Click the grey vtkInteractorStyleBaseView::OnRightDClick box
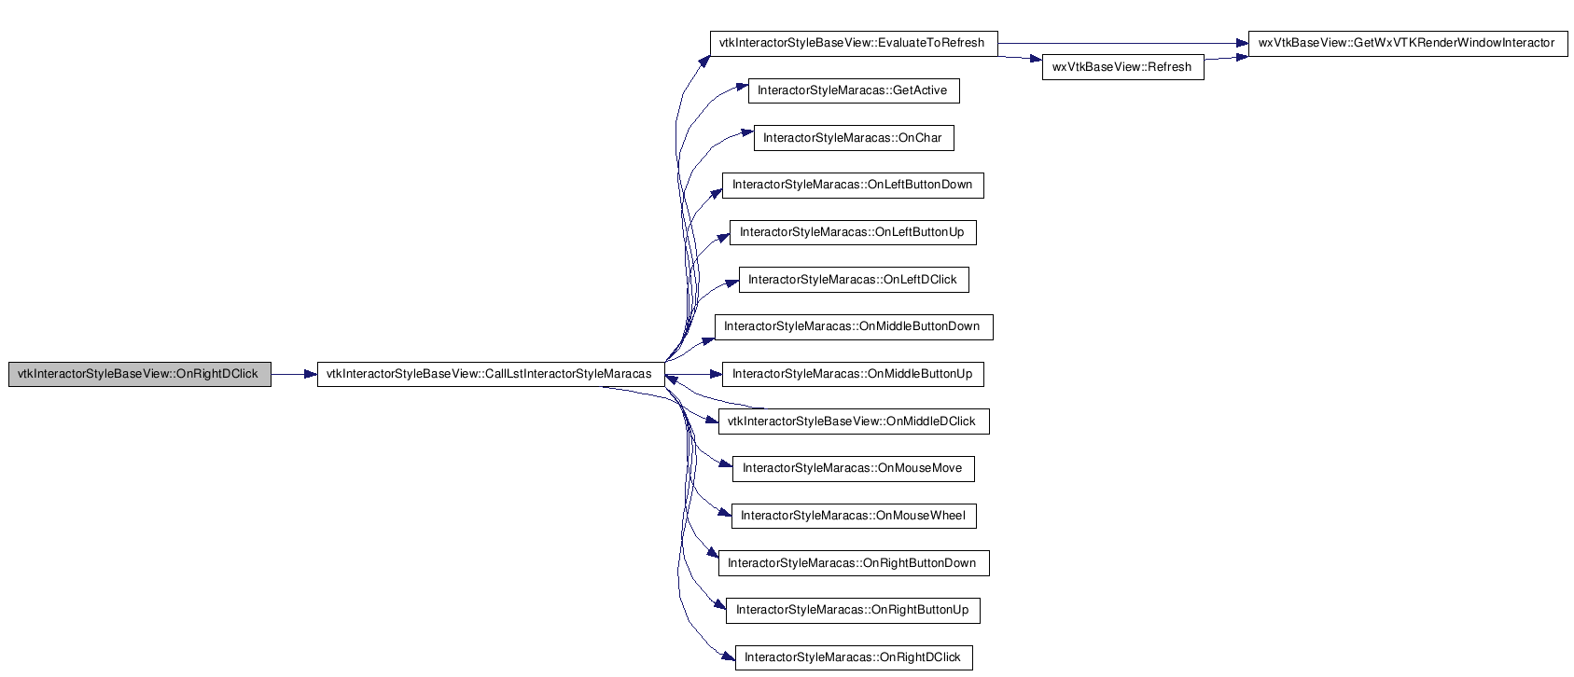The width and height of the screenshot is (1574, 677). click(140, 374)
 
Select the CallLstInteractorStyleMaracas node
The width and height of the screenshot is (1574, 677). click(491, 374)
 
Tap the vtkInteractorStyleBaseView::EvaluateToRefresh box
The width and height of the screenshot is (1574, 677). click(854, 44)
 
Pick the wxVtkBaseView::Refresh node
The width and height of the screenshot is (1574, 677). click(1122, 67)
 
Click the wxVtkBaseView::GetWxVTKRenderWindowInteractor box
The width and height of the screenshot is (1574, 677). click(1408, 44)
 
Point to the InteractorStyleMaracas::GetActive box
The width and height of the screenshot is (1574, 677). click(854, 90)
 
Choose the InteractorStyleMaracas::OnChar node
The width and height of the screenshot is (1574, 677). click(854, 138)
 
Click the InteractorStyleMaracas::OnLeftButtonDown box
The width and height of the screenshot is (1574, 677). click(853, 186)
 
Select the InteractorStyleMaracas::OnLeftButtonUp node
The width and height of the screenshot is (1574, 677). click(853, 232)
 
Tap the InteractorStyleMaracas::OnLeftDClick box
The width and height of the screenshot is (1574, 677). click(854, 280)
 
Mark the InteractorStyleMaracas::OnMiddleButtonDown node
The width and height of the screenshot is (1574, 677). click(854, 327)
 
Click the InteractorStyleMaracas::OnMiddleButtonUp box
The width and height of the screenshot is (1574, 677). click(853, 374)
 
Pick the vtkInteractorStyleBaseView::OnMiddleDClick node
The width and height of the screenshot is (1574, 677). click(854, 421)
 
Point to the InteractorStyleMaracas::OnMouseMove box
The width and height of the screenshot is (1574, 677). click(853, 469)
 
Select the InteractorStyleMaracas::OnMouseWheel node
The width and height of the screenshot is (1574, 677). click(854, 517)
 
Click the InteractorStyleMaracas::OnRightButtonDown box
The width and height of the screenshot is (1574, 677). click(854, 563)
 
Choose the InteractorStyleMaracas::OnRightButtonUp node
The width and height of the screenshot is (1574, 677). click(853, 610)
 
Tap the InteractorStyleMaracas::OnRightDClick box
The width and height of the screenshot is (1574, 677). click(854, 658)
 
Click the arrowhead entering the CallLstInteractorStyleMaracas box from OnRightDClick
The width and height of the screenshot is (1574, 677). click(311, 374)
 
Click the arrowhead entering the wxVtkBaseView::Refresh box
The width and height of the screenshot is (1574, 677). click(1036, 60)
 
